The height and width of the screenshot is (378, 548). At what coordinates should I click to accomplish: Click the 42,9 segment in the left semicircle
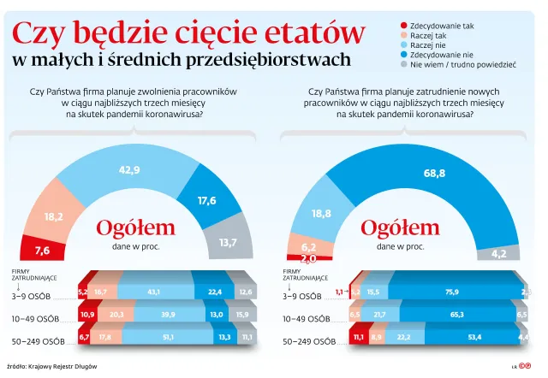point(130,170)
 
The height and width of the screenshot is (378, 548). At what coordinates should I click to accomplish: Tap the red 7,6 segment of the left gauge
point(42,250)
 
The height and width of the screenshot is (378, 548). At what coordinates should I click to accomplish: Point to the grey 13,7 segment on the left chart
point(228,242)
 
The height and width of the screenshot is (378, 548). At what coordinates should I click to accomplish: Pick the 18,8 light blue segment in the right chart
point(322,213)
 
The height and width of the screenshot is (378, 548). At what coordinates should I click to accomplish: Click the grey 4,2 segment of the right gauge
point(499,253)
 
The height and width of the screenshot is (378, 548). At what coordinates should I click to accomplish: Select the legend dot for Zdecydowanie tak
point(403,27)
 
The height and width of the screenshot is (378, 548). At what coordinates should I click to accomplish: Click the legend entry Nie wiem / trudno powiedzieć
point(462,64)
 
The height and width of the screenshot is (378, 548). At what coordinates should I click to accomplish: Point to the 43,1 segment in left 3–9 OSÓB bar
point(154,292)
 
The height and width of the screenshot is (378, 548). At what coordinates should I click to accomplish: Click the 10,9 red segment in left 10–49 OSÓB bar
point(86,316)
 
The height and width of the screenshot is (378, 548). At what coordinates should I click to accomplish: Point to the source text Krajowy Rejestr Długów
point(68,365)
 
